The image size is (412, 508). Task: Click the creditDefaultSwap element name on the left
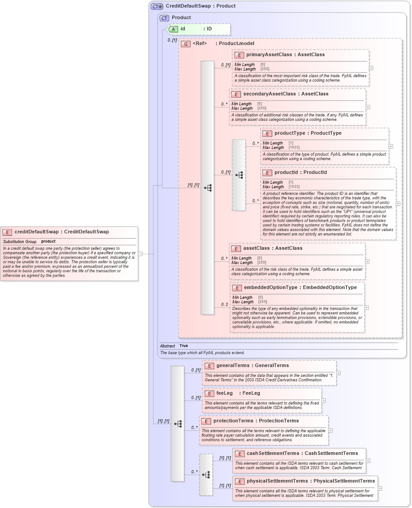[x=36, y=231]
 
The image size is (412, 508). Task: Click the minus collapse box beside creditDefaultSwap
[x=140, y=254]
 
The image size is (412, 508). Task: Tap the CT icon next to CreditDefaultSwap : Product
[x=157, y=6]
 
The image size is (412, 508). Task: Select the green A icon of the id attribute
[x=173, y=29]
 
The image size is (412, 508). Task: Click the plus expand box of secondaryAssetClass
[x=368, y=107]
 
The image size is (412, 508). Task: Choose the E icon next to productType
[x=267, y=133]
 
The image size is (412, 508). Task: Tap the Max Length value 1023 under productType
[x=294, y=148]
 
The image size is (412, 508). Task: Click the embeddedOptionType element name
[x=271, y=288]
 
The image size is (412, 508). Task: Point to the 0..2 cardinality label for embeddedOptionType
[x=225, y=305]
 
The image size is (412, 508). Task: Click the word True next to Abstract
[x=183, y=346]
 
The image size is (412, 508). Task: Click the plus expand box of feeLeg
[x=324, y=401]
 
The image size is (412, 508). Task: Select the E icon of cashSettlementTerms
[x=240, y=454]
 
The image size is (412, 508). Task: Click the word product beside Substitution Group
[x=48, y=241]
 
